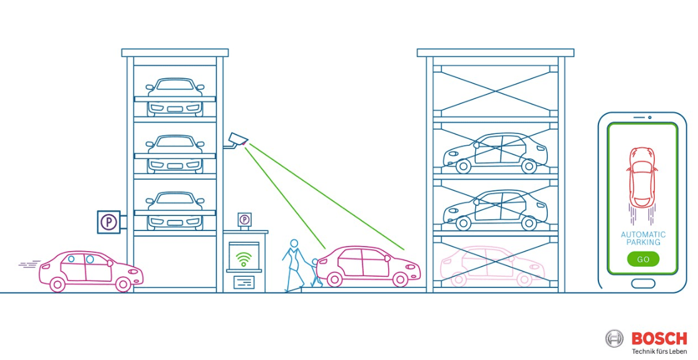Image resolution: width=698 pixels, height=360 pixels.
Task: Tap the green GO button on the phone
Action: (643, 259)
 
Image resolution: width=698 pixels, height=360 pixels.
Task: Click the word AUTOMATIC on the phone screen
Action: (643, 235)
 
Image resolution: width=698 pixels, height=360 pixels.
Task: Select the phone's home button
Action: (643, 284)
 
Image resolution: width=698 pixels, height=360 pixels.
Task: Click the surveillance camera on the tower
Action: (237, 140)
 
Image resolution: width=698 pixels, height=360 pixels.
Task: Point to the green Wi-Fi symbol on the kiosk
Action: (244, 258)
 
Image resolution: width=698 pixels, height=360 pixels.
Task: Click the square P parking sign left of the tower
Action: (108, 222)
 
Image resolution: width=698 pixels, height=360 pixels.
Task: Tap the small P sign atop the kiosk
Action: (244, 220)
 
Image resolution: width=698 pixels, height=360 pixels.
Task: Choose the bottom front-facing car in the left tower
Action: (175, 211)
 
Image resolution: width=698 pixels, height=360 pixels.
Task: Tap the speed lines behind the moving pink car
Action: (29, 265)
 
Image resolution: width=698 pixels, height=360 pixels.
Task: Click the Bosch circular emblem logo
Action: (614, 339)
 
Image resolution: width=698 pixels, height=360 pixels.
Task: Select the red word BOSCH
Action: (659, 339)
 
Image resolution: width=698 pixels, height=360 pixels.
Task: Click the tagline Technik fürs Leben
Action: (659, 352)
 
